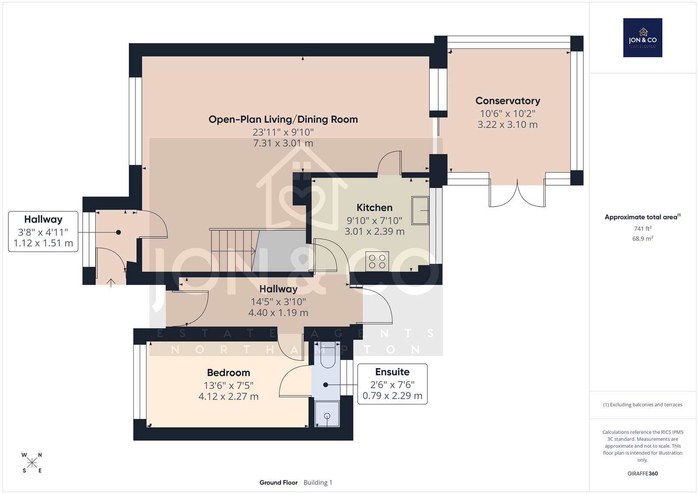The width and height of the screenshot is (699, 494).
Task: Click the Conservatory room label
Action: [x=508, y=101]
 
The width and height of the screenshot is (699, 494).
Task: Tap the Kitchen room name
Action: [x=374, y=207]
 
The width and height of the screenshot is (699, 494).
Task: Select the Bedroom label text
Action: [x=228, y=373]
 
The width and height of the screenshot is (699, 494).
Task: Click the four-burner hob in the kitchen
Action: [x=377, y=262]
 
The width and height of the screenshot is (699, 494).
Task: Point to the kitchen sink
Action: [x=420, y=211]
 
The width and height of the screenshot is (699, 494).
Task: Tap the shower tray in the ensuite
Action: [x=327, y=414]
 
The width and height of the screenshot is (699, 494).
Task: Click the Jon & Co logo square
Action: [x=643, y=38]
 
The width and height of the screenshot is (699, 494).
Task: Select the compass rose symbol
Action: [x=32, y=463]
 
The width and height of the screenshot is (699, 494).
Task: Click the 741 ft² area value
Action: [x=643, y=228]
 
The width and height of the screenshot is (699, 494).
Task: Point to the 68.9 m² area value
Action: [x=643, y=238]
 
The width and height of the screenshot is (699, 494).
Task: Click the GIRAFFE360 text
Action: [x=643, y=473]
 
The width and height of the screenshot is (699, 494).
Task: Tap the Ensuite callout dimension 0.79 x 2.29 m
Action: [x=392, y=396]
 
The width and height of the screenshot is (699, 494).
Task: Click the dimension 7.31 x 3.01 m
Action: [x=283, y=143]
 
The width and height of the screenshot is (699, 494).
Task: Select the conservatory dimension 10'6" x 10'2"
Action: [x=508, y=114]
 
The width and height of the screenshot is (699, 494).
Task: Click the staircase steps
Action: [x=234, y=251]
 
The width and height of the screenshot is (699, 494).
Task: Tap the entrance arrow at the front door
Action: [x=111, y=283]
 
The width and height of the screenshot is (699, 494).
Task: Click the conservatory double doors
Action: [x=517, y=193]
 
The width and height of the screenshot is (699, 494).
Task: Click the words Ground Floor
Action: [x=278, y=483]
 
